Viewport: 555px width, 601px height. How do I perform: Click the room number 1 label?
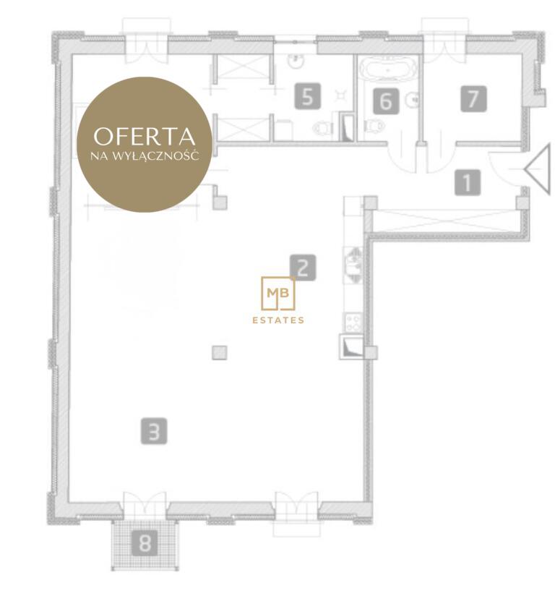coord(468,182)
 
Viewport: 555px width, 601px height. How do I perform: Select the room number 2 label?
coord(303,268)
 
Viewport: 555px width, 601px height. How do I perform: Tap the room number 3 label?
coord(154,431)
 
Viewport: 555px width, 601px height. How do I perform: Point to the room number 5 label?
coord(308,97)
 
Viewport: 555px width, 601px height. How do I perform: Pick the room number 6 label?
coord(386,101)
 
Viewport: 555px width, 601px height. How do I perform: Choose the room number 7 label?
coord(474,99)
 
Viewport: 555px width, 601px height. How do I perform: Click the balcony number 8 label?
coord(145,543)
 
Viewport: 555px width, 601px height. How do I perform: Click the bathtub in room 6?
coord(389,69)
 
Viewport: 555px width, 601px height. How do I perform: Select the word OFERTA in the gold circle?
coord(145,137)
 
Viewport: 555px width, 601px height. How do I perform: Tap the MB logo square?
coord(278,293)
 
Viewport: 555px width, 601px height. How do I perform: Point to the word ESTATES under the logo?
coord(278,320)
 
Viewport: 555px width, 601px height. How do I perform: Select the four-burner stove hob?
coord(353,323)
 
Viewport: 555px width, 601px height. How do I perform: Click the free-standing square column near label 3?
coord(220,353)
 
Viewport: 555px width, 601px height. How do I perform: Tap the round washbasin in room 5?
coord(295,61)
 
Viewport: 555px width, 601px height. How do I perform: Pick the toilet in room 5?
coord(321,127)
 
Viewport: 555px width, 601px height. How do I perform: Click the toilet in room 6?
coord(374,125)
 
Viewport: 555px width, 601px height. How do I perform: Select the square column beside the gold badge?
coord(220,203)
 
